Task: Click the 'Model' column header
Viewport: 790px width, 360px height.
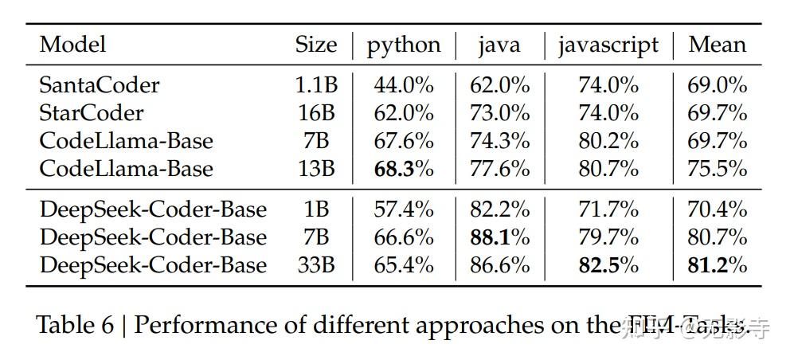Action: (x=72, y=45)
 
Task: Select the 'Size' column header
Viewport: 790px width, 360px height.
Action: (x=316, y=45)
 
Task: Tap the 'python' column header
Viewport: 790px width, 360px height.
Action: (x=404, y=45)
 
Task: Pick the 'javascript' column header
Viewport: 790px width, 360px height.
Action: (x=608, y=45)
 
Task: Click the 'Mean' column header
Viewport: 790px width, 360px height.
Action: (x=718, y=45)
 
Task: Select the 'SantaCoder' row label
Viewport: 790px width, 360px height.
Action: (x=100, y=85)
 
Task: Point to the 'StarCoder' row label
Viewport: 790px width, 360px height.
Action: (x=92, y=113)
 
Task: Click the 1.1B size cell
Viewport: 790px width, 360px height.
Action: (x=316, y=85)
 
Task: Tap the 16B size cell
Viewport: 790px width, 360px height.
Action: (x=316, y=113)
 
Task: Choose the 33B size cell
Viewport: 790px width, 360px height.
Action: (x=316, y=265)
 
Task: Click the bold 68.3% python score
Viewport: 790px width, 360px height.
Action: (x=404, y=169)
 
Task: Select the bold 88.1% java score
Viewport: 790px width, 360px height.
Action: (x=500, y=237)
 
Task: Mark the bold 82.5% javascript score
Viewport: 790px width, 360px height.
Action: (x=608, y=265)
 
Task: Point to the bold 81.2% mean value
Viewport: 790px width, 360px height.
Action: (x=718, y=265)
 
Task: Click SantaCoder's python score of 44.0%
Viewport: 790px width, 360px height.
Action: (x=404, y=85)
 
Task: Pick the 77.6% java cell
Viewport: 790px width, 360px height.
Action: (x=500, y=169)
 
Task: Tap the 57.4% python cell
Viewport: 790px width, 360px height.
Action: (x=404, y=209)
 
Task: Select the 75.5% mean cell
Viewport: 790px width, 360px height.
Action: (x=718, y=169)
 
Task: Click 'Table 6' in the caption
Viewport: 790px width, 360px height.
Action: (x=75, y=326)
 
